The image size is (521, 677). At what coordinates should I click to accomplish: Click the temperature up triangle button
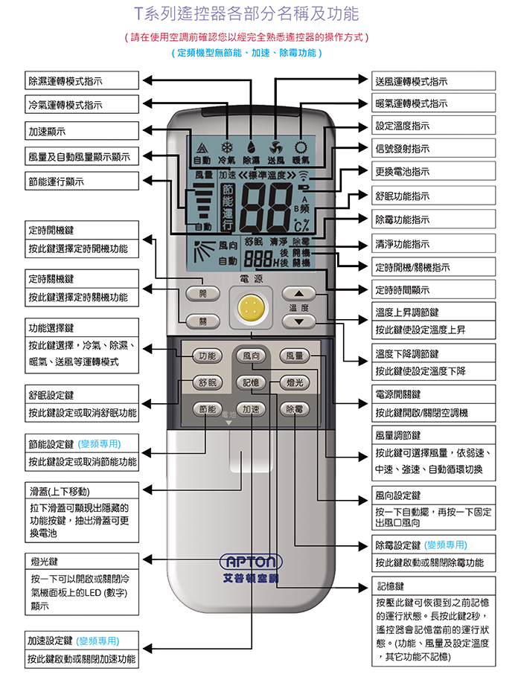click(x=298, y=293)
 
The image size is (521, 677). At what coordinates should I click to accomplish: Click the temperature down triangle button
click(x=298, y=322)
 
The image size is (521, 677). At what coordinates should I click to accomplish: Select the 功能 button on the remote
click(x=208, y=355)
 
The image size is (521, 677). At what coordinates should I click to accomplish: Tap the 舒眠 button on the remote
click(x=208, y=382)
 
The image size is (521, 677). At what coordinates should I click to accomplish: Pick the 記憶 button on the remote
click(x=250, y=382)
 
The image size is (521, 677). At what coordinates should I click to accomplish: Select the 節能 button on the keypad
click(x=208, y=408)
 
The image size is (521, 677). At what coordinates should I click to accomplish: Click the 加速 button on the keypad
click(x=250, y=408)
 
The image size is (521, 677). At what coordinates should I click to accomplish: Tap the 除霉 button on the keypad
click(x=293, y=408)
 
